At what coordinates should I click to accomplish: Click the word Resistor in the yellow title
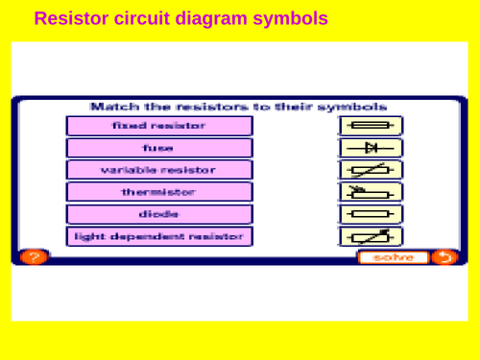click(68, 17)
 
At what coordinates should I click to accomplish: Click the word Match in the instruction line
click(110, 107)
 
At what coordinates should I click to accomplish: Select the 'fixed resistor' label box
click(159, 126)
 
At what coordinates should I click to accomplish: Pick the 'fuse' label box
click(159, 148)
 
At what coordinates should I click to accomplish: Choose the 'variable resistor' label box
click(159, 170)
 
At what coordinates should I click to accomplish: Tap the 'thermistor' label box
click(159, 192)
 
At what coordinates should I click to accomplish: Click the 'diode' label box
click(159, 214)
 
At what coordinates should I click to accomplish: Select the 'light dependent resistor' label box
click(159, 236)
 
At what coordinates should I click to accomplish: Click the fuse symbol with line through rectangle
click(371, 126)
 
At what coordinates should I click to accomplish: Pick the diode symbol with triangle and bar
click(371, 148)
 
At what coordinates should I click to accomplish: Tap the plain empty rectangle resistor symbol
click(371, 214)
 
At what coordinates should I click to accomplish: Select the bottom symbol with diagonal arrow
click(371, 236)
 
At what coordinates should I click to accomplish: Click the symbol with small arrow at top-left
click(371, 192)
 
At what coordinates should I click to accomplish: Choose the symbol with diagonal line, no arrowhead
click(371, 170)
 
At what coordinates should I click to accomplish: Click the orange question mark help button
click(33, 256)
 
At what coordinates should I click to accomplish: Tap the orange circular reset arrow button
click(444, 256)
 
